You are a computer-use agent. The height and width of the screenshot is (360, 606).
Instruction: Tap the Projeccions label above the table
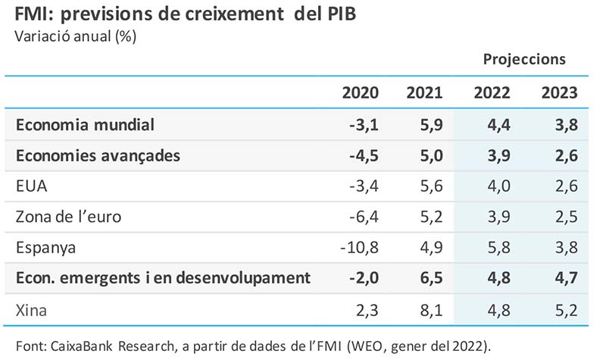coord(524,59)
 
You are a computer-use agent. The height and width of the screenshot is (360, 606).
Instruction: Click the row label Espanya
coord(45,248)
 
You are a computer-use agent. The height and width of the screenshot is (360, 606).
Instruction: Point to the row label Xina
coord(32,309)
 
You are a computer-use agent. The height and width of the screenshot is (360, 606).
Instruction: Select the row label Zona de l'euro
coord(68,217)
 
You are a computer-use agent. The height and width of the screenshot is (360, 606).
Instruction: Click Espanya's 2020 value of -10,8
coord(358,248)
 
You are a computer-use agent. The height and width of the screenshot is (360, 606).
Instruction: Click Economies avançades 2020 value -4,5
coord(361,155)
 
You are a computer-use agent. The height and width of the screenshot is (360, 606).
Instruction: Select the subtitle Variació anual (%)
coord(76,36)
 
